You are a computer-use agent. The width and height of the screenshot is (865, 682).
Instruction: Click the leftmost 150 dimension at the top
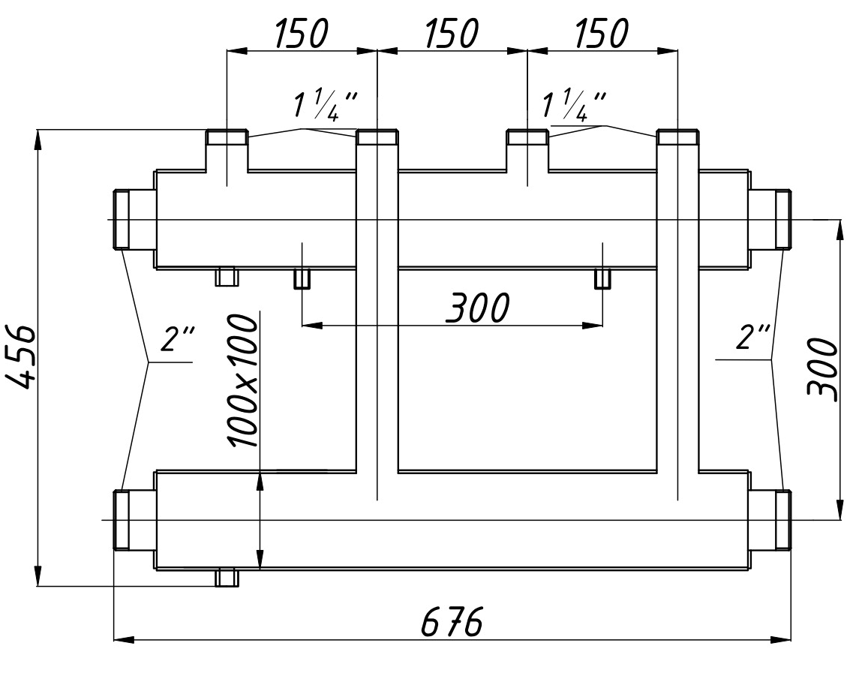302,34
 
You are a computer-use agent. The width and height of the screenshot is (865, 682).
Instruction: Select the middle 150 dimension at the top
451,34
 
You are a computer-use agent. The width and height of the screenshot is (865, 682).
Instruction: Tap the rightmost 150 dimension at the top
601,34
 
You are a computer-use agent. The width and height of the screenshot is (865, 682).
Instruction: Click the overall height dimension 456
23,356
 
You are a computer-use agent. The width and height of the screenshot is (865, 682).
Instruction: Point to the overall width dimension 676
451,623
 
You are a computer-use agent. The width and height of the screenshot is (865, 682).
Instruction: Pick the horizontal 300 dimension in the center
477,308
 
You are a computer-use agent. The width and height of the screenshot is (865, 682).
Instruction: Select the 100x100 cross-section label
244,381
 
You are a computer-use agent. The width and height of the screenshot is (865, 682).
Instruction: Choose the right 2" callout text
753,338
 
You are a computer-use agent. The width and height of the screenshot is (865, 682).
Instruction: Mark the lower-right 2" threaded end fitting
782,520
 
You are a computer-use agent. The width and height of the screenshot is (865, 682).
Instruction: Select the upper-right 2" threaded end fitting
782,219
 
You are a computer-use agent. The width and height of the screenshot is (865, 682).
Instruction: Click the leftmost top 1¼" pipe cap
227,138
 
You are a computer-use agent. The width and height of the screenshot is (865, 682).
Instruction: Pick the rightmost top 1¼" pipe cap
678,138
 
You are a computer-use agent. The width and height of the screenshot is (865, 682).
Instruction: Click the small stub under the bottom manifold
227,578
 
